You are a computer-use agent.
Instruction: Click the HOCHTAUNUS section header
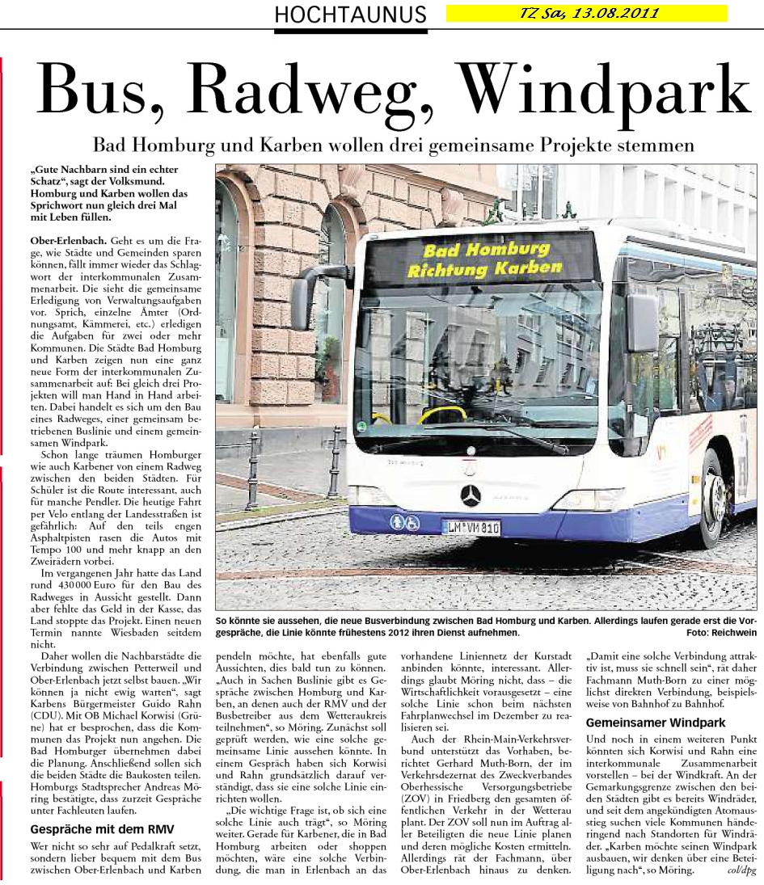point(350,14)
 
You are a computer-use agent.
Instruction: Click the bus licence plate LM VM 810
point(471,528)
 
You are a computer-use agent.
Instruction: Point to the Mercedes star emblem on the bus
point(471,495)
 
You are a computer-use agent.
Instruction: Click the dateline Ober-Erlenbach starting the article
point(64,241)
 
